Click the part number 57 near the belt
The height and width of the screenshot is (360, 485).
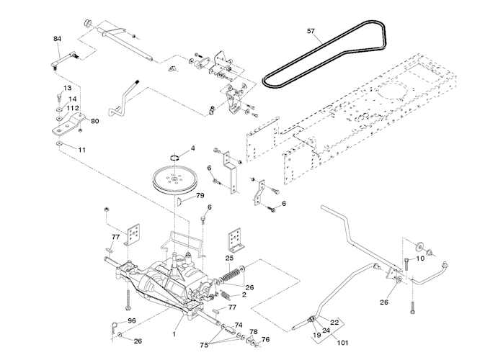click(x=311, y=31)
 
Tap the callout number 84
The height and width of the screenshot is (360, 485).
click(x=58, y=38)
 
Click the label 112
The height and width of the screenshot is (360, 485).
click(x=72, y=108)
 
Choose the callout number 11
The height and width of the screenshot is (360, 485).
click(x=81, y=150)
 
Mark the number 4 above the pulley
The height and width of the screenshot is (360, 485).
click(x=192, y=148)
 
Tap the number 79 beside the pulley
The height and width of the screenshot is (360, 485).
click(x=200, y=195)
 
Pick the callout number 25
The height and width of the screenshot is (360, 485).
click(x=229, y=258)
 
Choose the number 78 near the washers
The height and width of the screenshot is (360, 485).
click(x=254, y=332)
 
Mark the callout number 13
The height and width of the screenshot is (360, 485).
click(x=68, y=88)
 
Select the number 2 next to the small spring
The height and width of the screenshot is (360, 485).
click(x=244, y=294)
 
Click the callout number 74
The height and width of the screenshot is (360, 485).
click(x=239, y=325)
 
